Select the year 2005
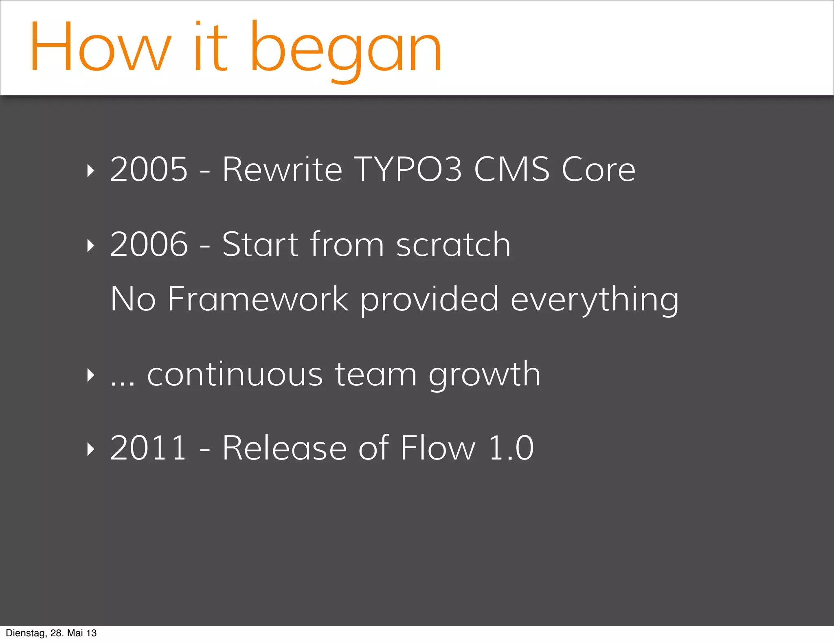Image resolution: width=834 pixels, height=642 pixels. coord(149,169)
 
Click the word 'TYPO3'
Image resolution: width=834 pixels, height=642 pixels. coord(408,169)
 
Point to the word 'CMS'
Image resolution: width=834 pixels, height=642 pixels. coord(511,169)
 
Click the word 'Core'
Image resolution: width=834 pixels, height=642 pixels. coord(598,169)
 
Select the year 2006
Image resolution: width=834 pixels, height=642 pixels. coord(149,244)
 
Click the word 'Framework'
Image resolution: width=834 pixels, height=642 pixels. coord(258,299)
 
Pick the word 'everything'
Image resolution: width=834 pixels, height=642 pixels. coord(595,301)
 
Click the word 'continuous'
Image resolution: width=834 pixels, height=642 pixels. coord(235,374)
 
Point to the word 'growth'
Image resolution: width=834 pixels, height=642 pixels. coord(484,376)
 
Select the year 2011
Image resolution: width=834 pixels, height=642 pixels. coord(148,449)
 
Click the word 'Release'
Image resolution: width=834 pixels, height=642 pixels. coord(284,449)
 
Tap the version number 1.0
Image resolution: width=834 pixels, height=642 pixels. coord(511,449)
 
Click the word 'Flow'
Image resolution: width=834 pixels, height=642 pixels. coord(438,449)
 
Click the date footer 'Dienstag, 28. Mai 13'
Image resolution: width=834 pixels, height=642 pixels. coord(51,633)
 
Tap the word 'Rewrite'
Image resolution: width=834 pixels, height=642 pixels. coord(282,169)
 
